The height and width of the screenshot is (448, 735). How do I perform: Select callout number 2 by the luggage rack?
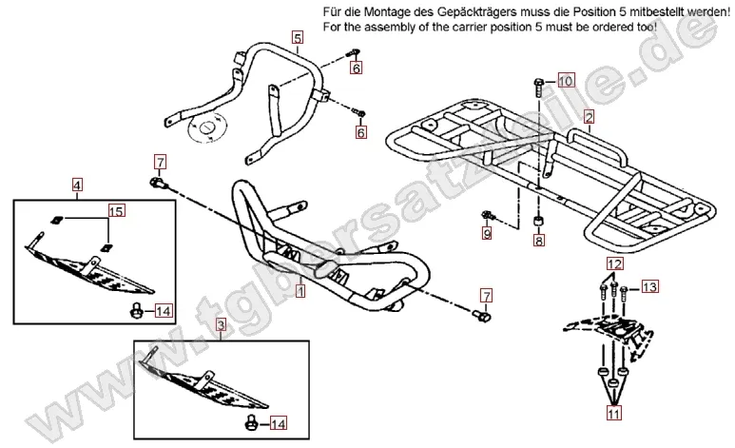point(590,118)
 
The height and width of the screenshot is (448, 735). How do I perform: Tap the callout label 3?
point(221,325)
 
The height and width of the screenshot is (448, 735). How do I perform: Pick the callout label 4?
point(77,184)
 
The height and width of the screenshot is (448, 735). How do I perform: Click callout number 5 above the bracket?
point(298,38)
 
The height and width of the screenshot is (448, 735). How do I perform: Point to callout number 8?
point(539,242)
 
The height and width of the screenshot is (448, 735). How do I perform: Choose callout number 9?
point(487,232)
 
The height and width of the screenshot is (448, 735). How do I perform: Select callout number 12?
point(614,263)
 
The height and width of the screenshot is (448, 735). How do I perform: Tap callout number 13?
point(649,286)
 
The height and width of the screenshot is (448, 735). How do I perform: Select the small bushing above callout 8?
point(539,222)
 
